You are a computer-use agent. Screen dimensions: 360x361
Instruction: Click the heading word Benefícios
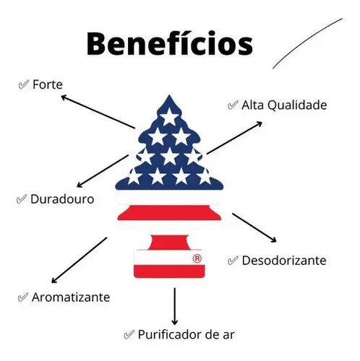point(170,43)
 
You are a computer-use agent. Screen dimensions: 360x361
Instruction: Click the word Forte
point(48,84)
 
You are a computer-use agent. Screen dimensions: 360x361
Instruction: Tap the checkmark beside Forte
point(24,84)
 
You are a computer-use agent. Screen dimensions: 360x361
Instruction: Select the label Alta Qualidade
point(284,105)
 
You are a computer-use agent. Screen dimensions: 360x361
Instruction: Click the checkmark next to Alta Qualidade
point(233,105)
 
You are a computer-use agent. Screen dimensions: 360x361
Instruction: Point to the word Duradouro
point(62,199)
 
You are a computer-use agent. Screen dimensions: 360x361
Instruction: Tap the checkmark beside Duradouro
point(22,199)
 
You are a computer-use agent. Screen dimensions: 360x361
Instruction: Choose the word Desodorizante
point(284,261)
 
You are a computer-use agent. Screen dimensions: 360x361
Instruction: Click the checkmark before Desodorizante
point(233,261)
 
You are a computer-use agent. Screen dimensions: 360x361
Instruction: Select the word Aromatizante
point(71,297)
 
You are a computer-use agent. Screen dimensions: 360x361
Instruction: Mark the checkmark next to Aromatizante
point(23,297)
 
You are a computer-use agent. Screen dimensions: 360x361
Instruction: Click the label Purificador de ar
point(186,334)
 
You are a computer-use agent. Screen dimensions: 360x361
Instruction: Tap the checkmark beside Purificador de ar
point(129,335)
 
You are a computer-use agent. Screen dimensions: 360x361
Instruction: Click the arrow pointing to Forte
point(98,112)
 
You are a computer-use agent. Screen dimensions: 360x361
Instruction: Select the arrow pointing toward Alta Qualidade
point(234,138)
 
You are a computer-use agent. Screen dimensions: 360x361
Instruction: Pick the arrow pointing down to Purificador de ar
point(175,306)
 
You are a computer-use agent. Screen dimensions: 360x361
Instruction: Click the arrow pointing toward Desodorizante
point(254,227)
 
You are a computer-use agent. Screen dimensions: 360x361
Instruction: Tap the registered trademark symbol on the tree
point(197,258)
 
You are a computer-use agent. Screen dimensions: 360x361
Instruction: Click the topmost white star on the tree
point(169,116)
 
